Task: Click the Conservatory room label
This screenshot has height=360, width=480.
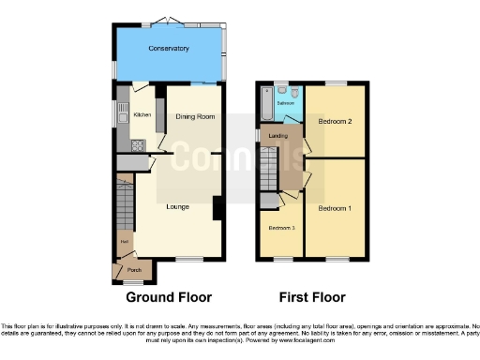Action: (169, 48)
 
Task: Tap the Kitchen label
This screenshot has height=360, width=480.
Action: (142, 115)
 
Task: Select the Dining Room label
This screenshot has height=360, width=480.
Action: (196, 117)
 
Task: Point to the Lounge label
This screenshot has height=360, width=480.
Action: (178, 206)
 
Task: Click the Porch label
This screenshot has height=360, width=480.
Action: (134, 271)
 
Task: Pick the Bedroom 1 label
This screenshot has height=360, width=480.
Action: (335, 207)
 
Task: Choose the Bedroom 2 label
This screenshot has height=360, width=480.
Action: (335, 122)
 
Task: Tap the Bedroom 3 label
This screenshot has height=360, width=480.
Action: (281, 228)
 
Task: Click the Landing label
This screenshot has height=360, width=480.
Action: (278, 137)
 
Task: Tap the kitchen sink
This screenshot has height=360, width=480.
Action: (122, 112)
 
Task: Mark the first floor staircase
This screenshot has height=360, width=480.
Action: (270, 174)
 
